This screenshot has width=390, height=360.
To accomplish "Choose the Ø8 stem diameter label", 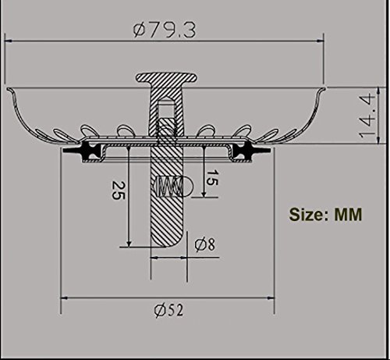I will point(205,243).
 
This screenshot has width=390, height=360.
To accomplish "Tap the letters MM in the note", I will point(345,214).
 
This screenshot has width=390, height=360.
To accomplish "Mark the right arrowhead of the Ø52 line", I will point(274,298).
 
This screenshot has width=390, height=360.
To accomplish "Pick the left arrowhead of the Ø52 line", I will point(63,298).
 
